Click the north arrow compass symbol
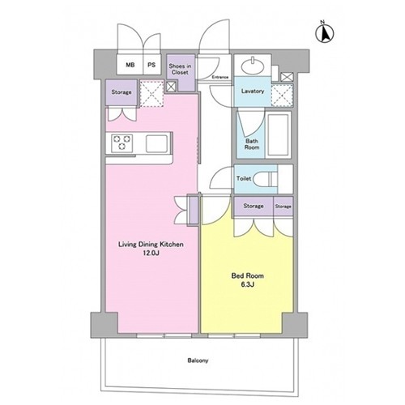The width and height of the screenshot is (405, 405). pyautogui.click(x=325, y=33)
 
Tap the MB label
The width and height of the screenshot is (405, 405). pyautogui.click(x=130, y=65)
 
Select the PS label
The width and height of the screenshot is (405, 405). pyautogui.click(x=151, y=65)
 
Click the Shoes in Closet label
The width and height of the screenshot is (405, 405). pyautogui.click(x=180, y=69)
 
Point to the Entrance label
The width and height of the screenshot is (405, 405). pyautogui.click(x=220, y=77)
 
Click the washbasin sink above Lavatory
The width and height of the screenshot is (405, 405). pyautogui.click(x=252, y=66)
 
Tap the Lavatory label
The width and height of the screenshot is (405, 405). pyautogui.click(x=253, y=91)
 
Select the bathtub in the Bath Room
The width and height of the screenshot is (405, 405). pyautogui.click(x=278, y=135)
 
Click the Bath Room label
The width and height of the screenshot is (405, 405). pyautogui.click(x=252, y=144)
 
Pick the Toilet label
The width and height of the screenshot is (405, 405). pyautogui.click(x=244, y=178)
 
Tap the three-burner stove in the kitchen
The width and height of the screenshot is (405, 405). pyautogui.click(x=122, y=143)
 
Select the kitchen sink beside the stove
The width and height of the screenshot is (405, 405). pyautogui.click(x=156, y=143)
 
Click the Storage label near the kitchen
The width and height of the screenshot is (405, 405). pyautogui.click(x=122, y=92)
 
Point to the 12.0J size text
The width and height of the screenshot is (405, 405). pyautogui.click(x=151, y=254)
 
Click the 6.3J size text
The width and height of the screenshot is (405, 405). pyautogui.click(x=247, y=284)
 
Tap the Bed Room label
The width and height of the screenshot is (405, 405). pyautogui.click(x=247, y=276)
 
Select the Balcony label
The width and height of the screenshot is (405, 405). pyautogui.click(x=198, y=360)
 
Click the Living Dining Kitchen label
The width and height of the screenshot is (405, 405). pyautogui.click(x=151, y=245)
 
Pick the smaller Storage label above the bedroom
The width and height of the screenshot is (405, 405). pyautogui.click(x=283, y=207)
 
